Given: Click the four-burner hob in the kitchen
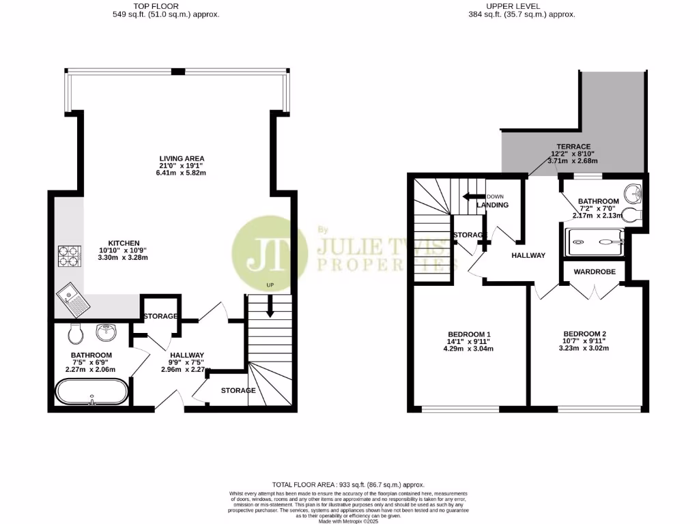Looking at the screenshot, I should tap(69, 255).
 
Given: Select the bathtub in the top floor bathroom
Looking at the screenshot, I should tap(91, 392).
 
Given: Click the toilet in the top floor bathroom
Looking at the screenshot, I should tap(75, 334).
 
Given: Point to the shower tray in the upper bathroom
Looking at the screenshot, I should tap(596, 240).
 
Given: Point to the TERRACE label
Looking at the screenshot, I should tap(568, 146).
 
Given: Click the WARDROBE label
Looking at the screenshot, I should tap(594, 272).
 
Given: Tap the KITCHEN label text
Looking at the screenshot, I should tap(124, 243).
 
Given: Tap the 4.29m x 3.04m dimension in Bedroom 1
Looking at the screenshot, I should tap(468, 349).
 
